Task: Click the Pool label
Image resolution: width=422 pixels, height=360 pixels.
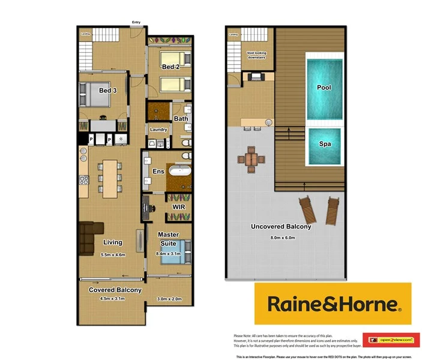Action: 324,88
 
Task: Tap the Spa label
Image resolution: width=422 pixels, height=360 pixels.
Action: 324,144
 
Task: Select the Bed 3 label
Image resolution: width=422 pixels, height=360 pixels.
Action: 109,91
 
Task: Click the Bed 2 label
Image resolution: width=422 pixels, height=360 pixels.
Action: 171,67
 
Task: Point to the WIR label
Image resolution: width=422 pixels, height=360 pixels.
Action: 178,207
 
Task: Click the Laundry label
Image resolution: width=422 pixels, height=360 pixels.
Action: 158,130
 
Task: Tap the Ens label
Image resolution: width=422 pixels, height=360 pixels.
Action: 158,172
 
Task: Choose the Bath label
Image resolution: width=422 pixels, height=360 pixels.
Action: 181,119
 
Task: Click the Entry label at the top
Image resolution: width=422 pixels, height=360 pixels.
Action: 137,23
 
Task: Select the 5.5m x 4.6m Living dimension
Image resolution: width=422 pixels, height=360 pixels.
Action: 113,255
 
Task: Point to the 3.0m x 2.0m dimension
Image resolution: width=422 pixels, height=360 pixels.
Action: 169,299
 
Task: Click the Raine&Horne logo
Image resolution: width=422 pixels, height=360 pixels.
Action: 333,304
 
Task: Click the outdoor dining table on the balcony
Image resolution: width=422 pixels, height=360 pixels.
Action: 252,160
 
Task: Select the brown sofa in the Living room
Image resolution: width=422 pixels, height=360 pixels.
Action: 91,235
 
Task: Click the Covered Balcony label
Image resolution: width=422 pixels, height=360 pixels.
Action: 115,290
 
